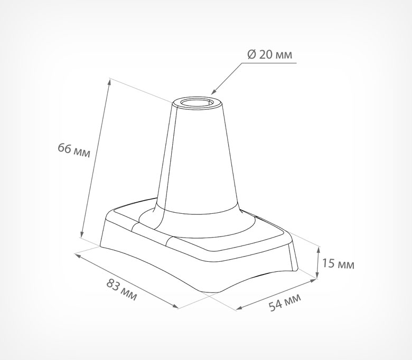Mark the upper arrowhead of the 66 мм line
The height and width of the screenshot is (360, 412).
pyautogui.click(x=110, y=81)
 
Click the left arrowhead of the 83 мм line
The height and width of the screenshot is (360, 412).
pyautogui.click(x=78, y=255)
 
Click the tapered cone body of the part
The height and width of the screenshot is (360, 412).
pyautogui.click(x=198, y=158)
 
